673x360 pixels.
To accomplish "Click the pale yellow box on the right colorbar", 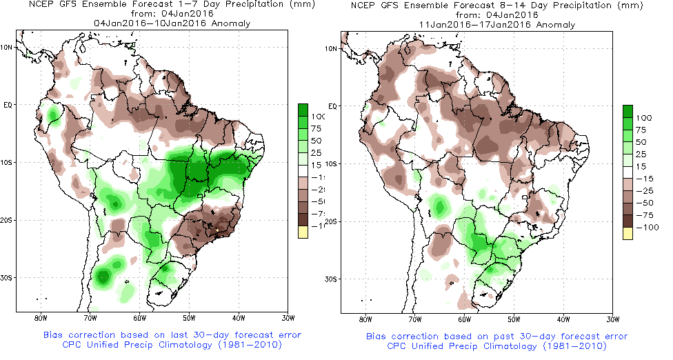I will (x=627, y=234).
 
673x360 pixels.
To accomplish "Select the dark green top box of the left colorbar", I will (x=302, y=110).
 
